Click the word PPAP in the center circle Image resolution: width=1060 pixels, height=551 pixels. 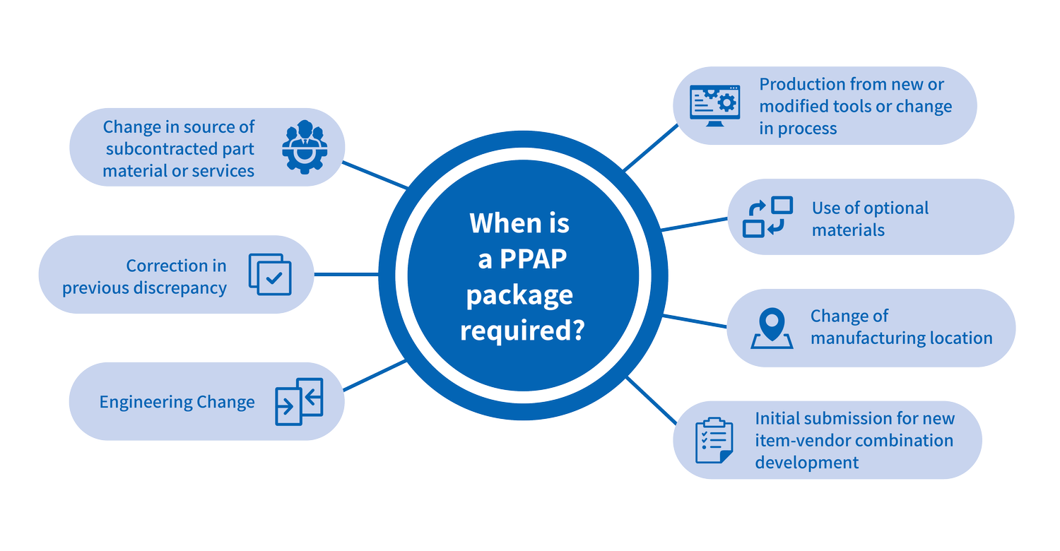pos(534,259)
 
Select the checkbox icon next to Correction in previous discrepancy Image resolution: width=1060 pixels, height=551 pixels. pos(270,274)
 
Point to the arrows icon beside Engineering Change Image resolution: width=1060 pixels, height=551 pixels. pos(299,401)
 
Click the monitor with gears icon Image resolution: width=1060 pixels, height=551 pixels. pos(714,106)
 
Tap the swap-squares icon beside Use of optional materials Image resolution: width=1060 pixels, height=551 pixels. pos(768,217)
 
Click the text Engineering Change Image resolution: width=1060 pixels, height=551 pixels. pos(177,402)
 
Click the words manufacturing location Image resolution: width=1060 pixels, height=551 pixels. pos(901,338)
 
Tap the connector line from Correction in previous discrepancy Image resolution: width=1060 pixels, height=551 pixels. pos(346,274)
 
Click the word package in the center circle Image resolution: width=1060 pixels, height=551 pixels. pos(519,295)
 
